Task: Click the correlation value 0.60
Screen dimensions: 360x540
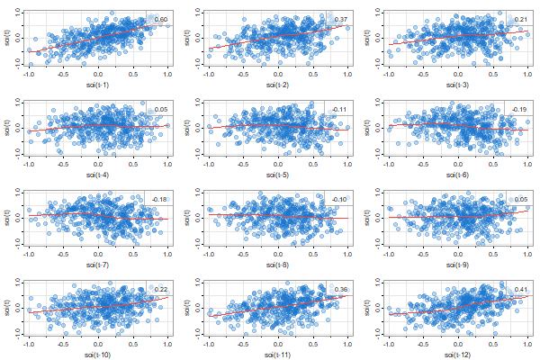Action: click(160, 19)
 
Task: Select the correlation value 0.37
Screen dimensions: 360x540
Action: click(341, 19)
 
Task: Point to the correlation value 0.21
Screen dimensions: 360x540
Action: click(520, 19)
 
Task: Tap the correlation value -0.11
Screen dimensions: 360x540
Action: click(339, 109)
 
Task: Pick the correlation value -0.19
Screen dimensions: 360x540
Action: click(519, 109)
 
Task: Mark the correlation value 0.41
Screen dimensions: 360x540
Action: click(520, 289)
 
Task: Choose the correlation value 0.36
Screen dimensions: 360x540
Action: click(341, 289)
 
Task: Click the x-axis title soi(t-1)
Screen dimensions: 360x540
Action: click(97, 85)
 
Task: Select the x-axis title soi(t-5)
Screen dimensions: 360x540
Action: click(277, 175)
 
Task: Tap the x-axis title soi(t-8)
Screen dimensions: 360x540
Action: click(277, 265)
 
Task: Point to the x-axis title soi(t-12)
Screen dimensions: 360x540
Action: click(457, 355)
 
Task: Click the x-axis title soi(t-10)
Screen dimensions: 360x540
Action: click(97, 355)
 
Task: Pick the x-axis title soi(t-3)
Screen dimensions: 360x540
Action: click(457, 85)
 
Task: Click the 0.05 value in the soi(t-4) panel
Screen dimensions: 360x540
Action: click(160, 109)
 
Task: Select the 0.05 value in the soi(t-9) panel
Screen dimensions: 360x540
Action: click(520, 199)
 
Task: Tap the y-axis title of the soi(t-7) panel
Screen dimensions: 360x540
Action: click(6, 217)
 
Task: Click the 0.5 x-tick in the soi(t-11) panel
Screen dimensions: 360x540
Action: click(312, 344)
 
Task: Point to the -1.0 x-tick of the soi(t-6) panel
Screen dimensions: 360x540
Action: click(387, 164)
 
